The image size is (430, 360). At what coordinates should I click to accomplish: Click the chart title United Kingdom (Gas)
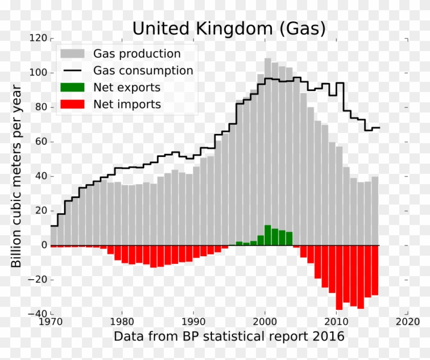(229, 28)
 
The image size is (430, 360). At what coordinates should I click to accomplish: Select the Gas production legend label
(136, 54)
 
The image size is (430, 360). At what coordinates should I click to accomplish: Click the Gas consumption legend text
(143, 71)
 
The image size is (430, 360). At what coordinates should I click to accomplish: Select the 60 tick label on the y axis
(41, 142)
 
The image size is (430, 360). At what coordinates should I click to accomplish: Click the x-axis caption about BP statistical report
(229, 337)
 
